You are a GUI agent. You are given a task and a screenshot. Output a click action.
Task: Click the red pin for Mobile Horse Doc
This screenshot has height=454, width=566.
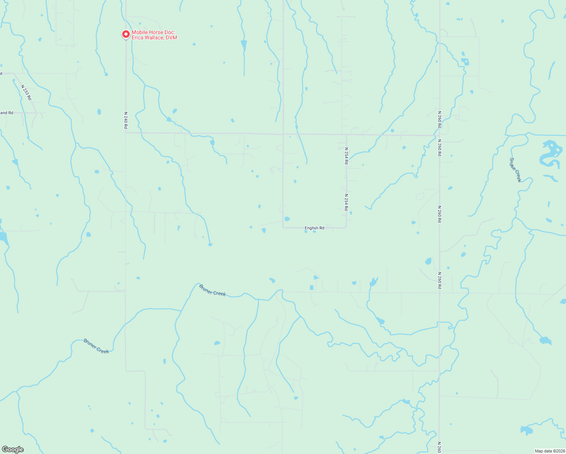tap(126, 34)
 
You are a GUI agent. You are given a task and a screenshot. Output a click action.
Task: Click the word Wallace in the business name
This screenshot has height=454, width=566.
tap(155, 38)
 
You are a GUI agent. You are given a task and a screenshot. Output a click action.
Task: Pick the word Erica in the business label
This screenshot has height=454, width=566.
tap(138, 38)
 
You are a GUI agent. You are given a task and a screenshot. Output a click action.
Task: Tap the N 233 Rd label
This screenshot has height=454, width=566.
tap(26, 92)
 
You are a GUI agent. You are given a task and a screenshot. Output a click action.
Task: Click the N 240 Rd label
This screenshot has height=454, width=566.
tap(126, 120)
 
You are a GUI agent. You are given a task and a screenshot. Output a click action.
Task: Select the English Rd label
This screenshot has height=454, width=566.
tap(314, 228)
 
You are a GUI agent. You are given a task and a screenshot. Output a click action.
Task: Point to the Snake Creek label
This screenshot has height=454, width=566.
tap(515, 170)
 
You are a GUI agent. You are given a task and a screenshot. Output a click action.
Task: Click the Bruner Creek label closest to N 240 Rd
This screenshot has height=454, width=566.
tap(96, 346)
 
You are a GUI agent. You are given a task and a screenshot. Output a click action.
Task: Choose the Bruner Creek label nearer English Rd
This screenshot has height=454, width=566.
tap(212, 290)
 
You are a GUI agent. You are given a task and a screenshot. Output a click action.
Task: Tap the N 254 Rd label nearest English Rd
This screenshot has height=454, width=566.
tap(346, 202)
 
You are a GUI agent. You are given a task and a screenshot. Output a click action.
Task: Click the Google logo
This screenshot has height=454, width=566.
tap(13, 449)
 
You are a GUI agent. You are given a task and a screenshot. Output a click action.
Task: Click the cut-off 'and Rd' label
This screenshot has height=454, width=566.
tap(6, 113)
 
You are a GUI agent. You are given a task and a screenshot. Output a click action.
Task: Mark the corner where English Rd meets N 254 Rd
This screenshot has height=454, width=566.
tap(346, 227)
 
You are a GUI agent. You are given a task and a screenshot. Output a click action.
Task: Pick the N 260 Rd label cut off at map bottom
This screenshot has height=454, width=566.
tap(439, 447)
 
